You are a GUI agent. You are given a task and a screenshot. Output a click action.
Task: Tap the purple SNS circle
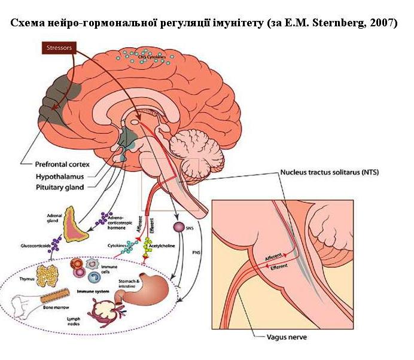pyautogui.click(x=178, y=227)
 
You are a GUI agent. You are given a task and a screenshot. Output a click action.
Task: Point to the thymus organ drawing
pyautogui.click(x=46, y=276)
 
